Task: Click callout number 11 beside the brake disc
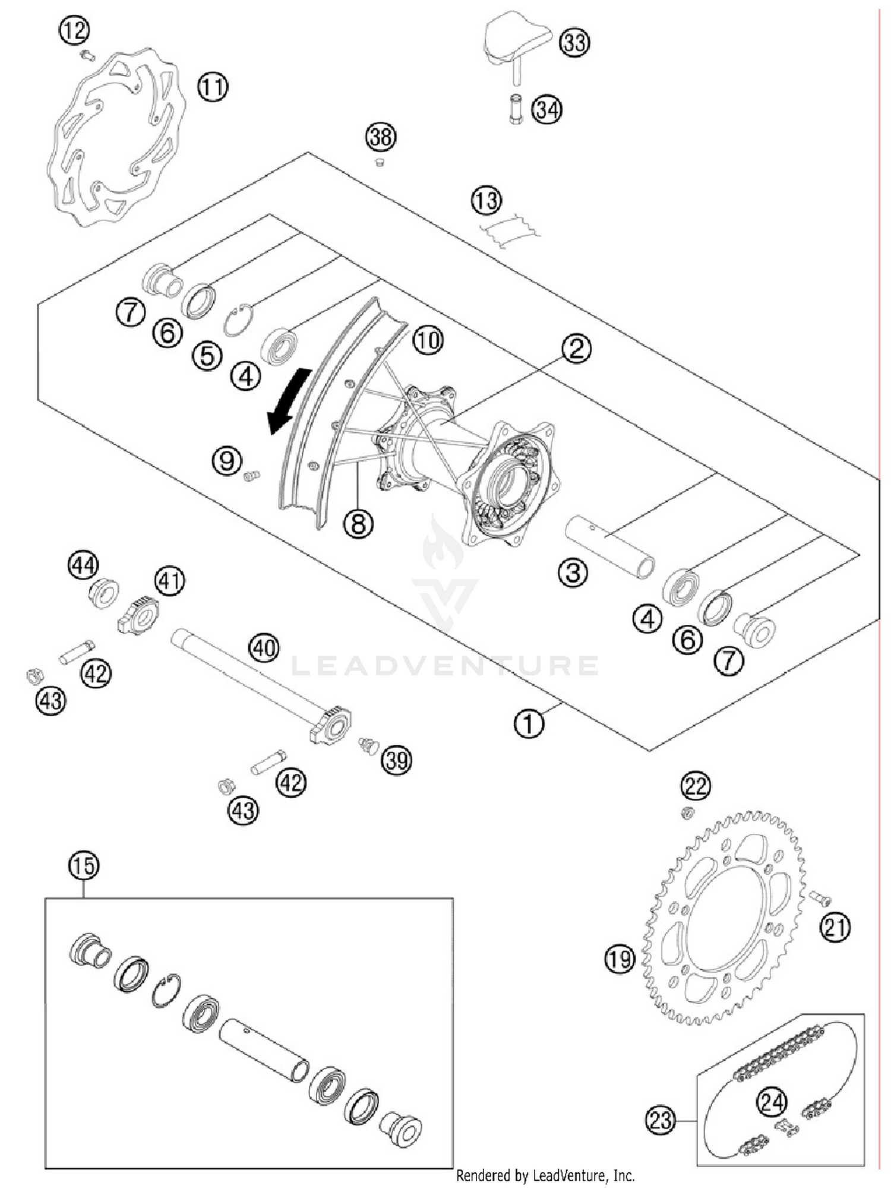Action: pos(213,87)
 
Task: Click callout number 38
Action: pos(380,137)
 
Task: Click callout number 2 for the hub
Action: pos(576,349)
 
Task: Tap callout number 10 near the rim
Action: pos(428,340)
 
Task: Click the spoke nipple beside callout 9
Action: pos(252,475)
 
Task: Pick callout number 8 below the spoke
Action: pos(358,524)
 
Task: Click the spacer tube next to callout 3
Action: pos(609,546)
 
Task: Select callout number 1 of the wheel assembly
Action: pos(528,723)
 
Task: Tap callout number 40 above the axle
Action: pos(264,647)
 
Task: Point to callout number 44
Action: pos(83,565)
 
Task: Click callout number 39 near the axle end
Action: pos(397,760)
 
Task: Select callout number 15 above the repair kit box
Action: pos(83,866)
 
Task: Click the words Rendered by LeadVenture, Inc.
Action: pos(545,1175)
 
